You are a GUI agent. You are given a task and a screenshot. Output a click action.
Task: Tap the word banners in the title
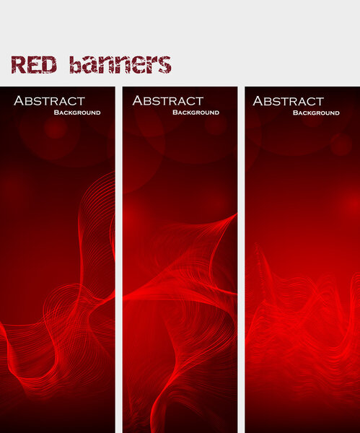[120, 64]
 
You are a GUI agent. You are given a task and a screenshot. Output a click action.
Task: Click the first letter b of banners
[76, 64]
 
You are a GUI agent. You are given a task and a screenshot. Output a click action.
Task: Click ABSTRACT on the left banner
[49, 101]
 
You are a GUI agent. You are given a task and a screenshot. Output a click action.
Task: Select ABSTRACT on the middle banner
[168, 101]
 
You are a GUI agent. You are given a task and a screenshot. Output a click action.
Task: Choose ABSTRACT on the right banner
[288, 101]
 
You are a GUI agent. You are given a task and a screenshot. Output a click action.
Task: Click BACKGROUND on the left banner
[76, 113]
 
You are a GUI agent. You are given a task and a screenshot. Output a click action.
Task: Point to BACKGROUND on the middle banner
[196, 113]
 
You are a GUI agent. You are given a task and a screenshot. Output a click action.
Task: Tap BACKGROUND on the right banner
[316, 113]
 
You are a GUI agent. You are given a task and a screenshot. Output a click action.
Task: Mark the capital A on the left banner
[19, 101]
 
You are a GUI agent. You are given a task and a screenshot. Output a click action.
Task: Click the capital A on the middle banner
[138, 101]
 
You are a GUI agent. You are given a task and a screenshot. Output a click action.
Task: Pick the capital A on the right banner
[258, 101]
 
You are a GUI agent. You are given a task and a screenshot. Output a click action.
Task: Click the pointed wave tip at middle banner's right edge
[235, 214]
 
